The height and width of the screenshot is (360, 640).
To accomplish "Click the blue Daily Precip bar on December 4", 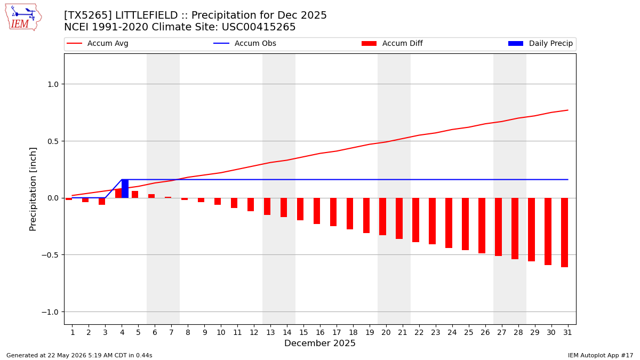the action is pos(125,189).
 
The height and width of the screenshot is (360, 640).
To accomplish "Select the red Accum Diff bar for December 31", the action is pos(564,233).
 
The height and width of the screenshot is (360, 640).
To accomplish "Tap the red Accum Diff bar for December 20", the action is pos(382,217).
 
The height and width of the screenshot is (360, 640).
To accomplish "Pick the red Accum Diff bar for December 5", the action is pos(135,195).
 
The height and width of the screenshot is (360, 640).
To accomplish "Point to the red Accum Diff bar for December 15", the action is pos(300,209).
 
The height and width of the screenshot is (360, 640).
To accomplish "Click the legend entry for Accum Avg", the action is pos(98,43).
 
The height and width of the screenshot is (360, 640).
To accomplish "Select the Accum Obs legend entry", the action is pos(245,43).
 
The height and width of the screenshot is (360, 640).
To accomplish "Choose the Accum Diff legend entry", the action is pos(392,43).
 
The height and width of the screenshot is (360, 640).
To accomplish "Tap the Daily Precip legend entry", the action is pos(541,43).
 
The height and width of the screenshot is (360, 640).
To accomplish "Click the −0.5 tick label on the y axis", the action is pos(50,255).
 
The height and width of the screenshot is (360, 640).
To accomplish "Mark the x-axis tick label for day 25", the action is pos(468,332).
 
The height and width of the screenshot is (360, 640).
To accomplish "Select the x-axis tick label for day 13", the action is pos(270,332).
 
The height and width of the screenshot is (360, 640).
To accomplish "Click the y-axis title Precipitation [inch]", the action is pos(33,189).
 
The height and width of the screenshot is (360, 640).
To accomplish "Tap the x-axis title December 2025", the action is pos(320,343).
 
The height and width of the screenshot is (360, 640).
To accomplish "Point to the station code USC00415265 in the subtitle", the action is pos(259,27).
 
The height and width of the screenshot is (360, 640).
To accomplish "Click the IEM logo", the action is pos(23,18).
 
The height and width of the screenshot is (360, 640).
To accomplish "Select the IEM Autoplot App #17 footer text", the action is pos(601,355).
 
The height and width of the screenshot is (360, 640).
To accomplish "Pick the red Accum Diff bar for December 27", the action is pos(498,227).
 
